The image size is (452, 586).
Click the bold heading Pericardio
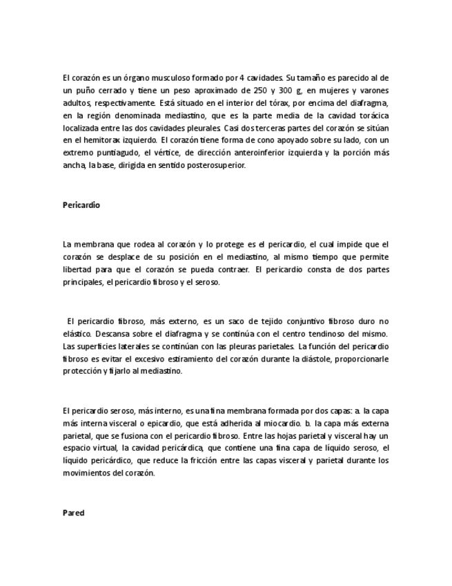[81, 205]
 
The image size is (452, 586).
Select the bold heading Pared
[73, 513]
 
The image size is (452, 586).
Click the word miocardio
[277, 422]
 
